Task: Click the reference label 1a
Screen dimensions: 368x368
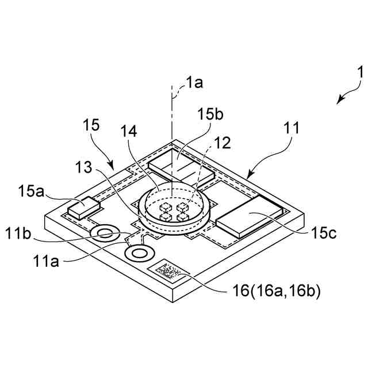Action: (195, 83)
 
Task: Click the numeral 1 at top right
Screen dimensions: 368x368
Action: (361, 74)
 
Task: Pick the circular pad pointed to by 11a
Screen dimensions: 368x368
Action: (139, 252)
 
